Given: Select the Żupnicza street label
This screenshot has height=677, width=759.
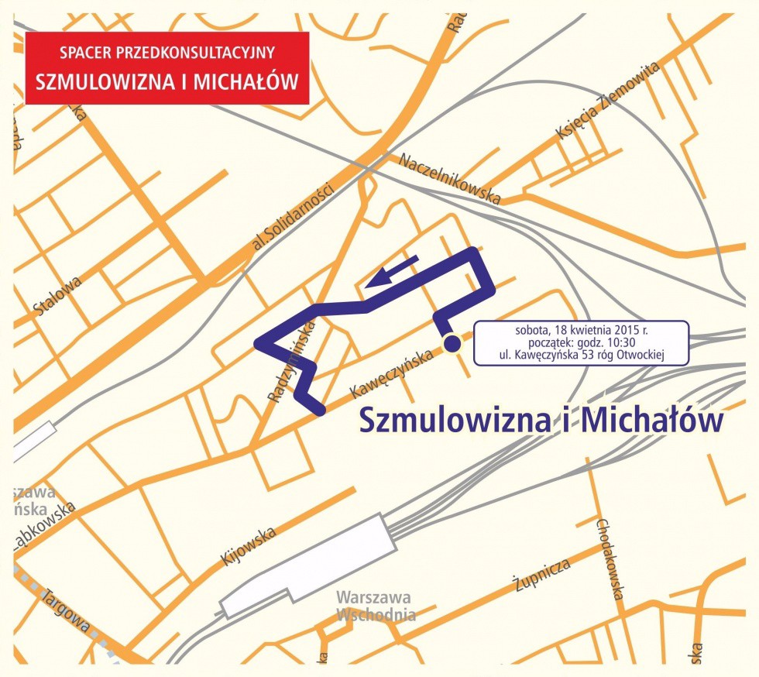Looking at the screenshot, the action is point(543,574).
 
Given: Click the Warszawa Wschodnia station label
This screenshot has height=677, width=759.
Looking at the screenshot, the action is point(375,607).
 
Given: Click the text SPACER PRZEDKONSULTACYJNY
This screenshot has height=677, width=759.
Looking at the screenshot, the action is point(167,53).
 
